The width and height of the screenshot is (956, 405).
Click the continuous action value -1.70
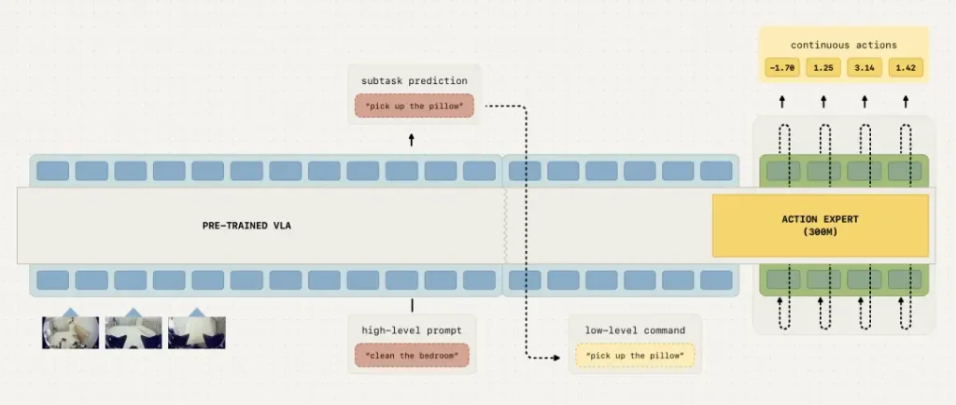pyautogui.click(x=782, y=67)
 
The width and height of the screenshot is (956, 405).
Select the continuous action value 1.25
pyautogui.click(x=822, y=67)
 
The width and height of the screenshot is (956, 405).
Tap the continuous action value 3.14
pyautogui.click(x=864, y=67)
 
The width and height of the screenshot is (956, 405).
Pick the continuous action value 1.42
pyautogui.click(x=905, y=67)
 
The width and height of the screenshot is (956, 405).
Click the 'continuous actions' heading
pyautogui.click(x=843, y=45)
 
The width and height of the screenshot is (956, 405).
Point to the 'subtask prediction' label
pyautogui.click(x=414, y=81)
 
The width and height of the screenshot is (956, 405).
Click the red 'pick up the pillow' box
pyautogui.click(x=414, y=105)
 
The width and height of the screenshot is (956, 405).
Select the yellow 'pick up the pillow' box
pyautogui.click(x=635, y=355)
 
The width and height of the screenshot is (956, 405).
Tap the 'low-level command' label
pyautogui.click(x=635, y=330)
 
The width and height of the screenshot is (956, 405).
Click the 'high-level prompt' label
pyautogui.click(x=412, y=330)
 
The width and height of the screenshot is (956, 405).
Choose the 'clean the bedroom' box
pyautogui.click(x=412, y=356)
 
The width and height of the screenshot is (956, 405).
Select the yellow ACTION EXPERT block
pyautogui.click(x=821, y=225)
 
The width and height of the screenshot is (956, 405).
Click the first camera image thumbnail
pyautogui.click(x=70, y=332)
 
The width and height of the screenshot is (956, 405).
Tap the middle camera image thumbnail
pyautogui.click(x=134, y=332)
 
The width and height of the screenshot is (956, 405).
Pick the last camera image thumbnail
pyautogui.click(x=196, y=332)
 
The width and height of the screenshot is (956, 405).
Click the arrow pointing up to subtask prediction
pyautogui.click(x=413, y=140)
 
